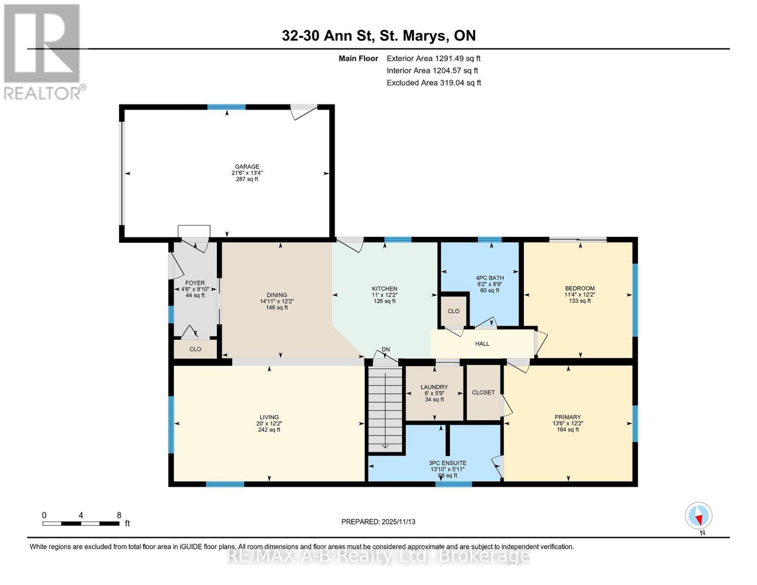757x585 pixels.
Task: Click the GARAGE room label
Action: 247,166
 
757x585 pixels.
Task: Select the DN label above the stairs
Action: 386,350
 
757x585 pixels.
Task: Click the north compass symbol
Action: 699,516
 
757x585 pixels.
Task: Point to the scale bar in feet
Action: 81,523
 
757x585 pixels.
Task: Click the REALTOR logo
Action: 42,51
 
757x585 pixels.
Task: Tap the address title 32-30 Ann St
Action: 378,36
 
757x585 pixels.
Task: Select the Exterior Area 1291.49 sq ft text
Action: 433,58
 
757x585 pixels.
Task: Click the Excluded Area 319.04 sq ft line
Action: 433,83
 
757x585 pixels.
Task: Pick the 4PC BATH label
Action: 490,278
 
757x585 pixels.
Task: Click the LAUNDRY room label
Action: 434,387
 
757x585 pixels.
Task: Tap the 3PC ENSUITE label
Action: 447,463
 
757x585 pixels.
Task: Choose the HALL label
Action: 482,344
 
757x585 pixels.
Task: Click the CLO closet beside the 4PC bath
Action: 453,311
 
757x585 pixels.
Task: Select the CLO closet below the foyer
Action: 195,349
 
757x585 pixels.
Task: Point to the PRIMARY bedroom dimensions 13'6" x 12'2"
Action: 567,424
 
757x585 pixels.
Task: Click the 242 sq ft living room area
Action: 269,430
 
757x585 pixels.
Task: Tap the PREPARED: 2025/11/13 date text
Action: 378,522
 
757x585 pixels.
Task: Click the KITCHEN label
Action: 385,289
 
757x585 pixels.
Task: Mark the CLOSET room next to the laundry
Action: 483,392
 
